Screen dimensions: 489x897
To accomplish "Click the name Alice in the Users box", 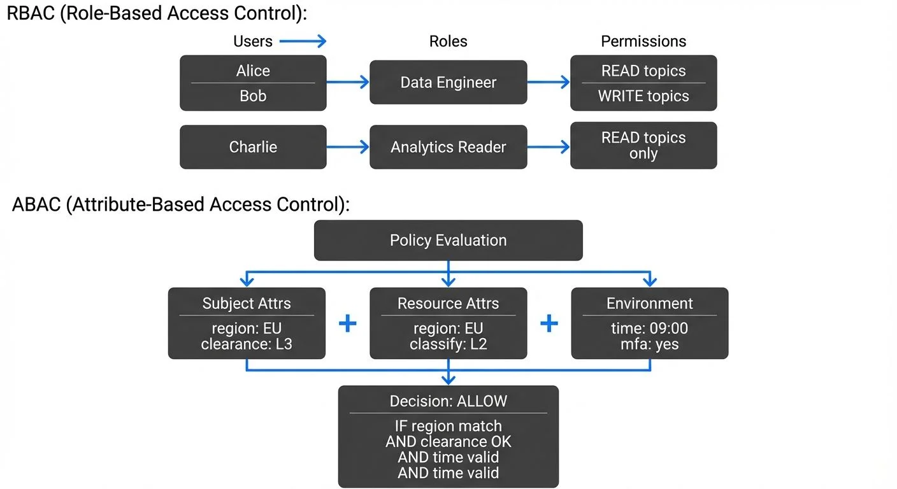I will [x=253, y=71].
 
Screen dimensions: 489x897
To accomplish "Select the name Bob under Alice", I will [x=253, y=96].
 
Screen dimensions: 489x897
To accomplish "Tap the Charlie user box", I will [x=253, y=147].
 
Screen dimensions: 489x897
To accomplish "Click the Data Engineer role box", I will [x=448, y=82].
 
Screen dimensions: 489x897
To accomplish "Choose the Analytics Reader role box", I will [x=448, y=147].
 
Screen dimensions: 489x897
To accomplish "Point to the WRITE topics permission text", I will [x=643, y=96].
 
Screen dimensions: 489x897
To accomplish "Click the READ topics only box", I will [x=643, y=146].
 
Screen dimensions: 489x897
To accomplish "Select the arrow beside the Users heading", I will [x=303, y=41].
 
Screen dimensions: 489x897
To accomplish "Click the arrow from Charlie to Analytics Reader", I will [x=348, y=147].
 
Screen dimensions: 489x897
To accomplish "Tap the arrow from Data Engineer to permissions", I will [x=549, y=82].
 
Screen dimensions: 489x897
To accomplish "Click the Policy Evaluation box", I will [x=448, y=241].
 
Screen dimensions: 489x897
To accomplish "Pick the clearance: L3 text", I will [x=247, y=344].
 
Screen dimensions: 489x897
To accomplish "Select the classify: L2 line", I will [x=448, y=344].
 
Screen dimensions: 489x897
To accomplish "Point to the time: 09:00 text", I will [x=650, y=329].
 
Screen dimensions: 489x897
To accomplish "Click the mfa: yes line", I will [x=650, y=344].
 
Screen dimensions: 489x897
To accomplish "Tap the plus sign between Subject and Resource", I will [x=347, y=323].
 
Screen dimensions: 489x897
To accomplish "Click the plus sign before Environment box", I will [x=549, y=323].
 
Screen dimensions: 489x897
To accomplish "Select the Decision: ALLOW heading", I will [x=448, y=401].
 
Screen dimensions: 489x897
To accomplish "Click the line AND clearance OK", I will [x=448, y=441].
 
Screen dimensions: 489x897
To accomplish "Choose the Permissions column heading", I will [x=643, y=41].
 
